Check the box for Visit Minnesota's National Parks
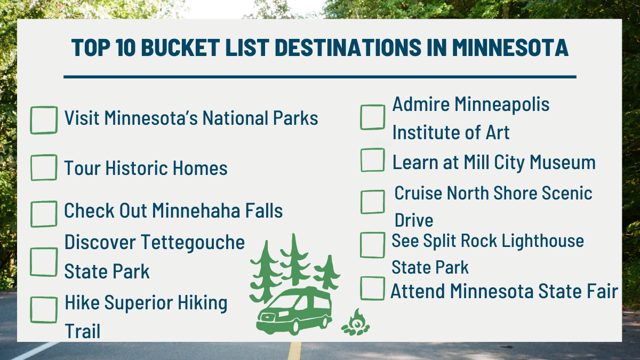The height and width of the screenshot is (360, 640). pyautogui.click(x=44, y=120)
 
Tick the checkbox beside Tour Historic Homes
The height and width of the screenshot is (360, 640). pyautogui.click(x=44, y=168)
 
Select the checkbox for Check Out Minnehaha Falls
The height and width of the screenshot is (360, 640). pyautogui.click(x=44, y=213)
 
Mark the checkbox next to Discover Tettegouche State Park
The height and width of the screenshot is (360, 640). pyautogui.click(x=44, y=261)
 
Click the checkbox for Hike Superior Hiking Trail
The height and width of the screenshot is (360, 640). pyautogui.click(x=44, y=309)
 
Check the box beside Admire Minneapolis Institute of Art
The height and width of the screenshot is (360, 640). pyautogui.click(x=372, y=117)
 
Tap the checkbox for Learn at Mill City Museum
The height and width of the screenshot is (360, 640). pyautogui.click(x=372, y=160)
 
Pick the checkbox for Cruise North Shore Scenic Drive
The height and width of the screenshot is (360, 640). pyautogui.click(x=372, y=202)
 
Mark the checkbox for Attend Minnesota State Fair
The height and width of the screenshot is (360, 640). pyautogui.click(x=372, y=288)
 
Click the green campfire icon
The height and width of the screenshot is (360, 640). pyautogui.click(x=355, y=322)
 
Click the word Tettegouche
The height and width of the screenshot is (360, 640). pyautogui.click(x=191, y=242)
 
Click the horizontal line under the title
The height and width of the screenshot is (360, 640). pyautogui.click(x=320, y=77)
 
